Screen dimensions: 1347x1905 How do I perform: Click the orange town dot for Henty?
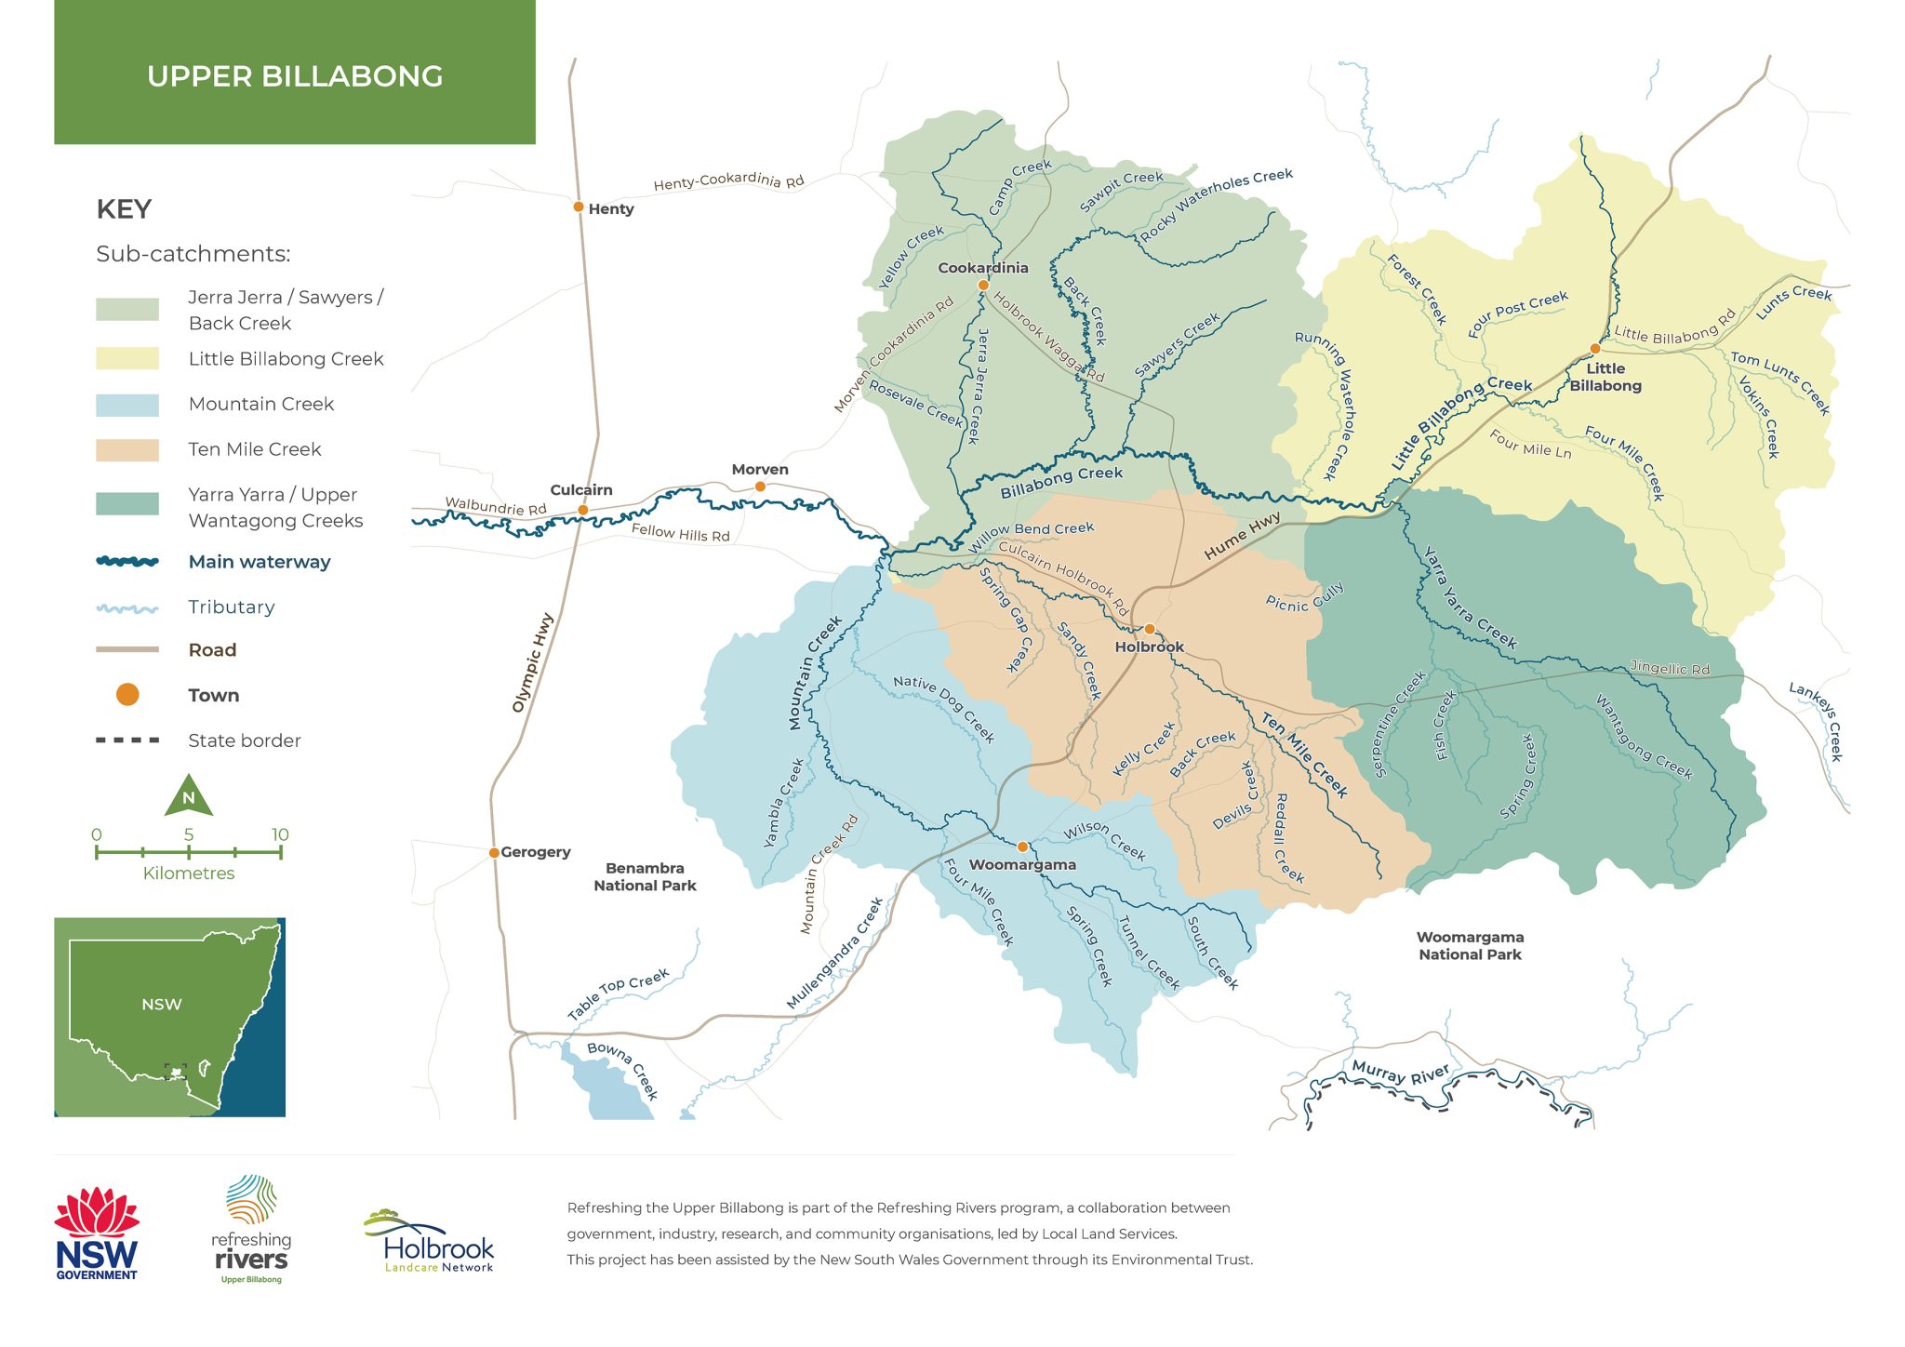pyautogui.click(x=578, y=207)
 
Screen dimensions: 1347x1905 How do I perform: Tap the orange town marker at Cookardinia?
pyautogui.click(x=983, y=286)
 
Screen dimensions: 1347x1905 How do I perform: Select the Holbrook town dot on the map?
pyautogui.click(x=1150, y=629)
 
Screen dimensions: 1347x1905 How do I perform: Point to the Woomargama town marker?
pyautogui.click(x=1022, y=847)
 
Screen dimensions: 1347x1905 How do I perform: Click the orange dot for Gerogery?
pyautogui.click(x=494, y=852)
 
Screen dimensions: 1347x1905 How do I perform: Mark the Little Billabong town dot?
pyautogui.click(x=1594, y=349)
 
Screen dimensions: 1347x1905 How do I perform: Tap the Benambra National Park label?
pyautogui.click(x=645, y=876)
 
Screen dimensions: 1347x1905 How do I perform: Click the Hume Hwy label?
pyautogui.click(x=1242, y=536)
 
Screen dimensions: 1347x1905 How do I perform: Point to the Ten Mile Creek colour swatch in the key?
pyautogui.click(x=127, y=450)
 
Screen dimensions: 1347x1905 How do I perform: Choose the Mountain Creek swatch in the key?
pyautogui.click(x=127, y=405)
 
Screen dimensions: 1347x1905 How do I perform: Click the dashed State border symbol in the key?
pyautogui.click(x=127, y=740)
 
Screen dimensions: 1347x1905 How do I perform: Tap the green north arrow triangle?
pyautogui.click(x=189, y=797)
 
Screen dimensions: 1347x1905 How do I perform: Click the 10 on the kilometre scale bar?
pyautogui.click(x=280, y=834)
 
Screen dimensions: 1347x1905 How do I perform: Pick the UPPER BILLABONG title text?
pyautogui.click(x=295, y=76)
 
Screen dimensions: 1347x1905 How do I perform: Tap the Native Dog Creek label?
pyautogui.click(x=943, y=709)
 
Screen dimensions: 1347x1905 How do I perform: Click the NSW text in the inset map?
pyautogui.click(x=161, y=1005)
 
